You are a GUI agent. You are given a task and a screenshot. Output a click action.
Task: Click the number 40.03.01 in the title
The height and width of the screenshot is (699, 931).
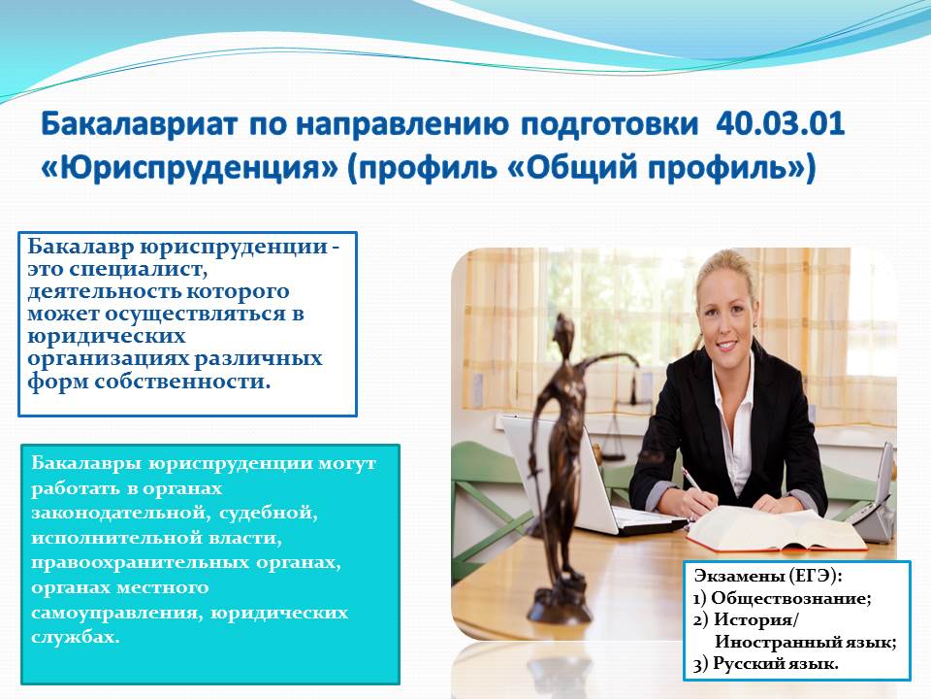coord(780,124)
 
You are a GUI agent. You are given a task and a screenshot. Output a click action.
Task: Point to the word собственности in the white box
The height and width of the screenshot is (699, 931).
coord(182,381)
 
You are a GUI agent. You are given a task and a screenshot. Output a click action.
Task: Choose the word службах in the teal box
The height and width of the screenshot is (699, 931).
coord(76,637)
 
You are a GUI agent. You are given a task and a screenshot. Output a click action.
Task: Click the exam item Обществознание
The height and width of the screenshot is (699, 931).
coord(791,598)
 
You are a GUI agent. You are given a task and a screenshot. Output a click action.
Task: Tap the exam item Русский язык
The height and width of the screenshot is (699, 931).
coord(776,663)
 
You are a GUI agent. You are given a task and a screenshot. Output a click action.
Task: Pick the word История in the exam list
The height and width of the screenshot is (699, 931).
coord(756,620)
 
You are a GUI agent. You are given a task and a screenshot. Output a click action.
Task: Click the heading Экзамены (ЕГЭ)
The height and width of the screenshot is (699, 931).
coord(768,576)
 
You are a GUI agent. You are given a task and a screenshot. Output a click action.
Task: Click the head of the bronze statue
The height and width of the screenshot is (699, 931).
coord(563,328)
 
